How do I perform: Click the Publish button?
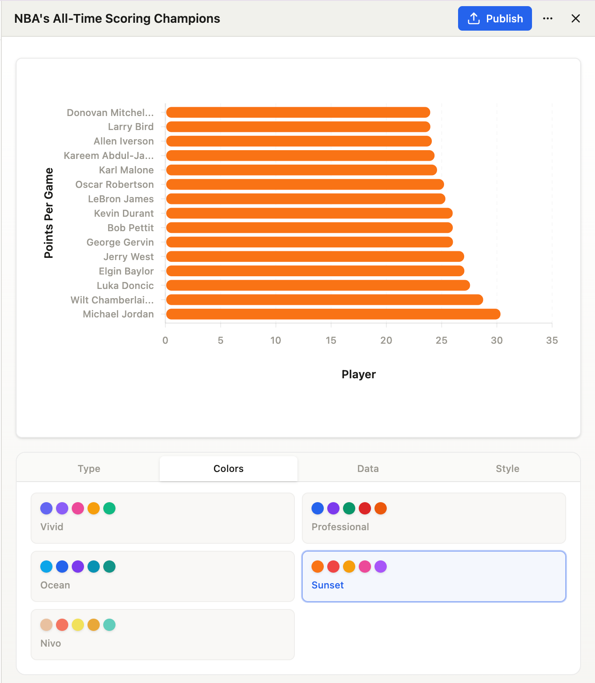(x=495, y=18)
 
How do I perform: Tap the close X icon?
(x=576, y=18)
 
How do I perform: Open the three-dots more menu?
(x=548, y=18)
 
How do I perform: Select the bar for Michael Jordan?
(x=333, y=314)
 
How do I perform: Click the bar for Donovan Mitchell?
(x=298, y=113)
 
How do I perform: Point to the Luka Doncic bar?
(x=318, y=285)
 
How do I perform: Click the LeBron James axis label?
(x=121, y=199)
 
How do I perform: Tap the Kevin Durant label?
(x=124, y=213)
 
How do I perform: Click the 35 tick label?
(x=552, y=340)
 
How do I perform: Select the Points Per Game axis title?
(x=49, y=213)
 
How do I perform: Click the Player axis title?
(x=359, y=374)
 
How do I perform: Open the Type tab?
(x=89, y=468)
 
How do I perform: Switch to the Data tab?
(x=368, y=468)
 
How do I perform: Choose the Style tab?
(x=507, y=468)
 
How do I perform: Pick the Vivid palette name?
(x=52, y=527)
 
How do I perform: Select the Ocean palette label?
(x=55, y=585)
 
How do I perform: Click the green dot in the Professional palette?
(x=349, y=508)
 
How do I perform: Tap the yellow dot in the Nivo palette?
(x=78, y=625)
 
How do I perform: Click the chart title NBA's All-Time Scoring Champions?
(x=117, y=19)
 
